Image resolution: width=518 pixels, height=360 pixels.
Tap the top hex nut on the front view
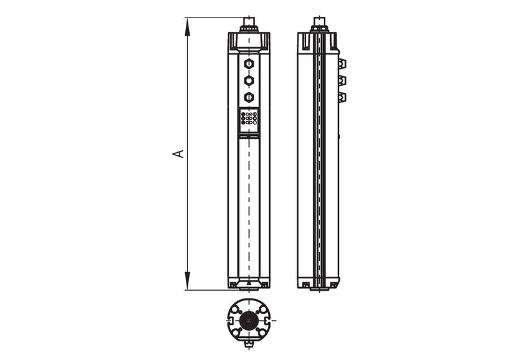pyautogui.click(x=248, y=64)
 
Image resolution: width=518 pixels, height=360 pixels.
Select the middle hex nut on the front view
pyautogui.click(x=248, y=80)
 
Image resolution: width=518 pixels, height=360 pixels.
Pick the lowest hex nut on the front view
pyautogui.click(x=248, y=97)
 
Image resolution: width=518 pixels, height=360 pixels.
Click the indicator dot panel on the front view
pyautogui.click(x=249, y=118)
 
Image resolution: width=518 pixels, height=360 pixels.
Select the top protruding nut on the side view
pyautogui.click(x=342, y=63)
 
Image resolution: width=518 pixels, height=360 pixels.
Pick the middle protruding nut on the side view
pyautogui.click(x=342, y=80)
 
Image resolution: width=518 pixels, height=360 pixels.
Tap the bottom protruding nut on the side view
pyautogui.click(x=342, y=97)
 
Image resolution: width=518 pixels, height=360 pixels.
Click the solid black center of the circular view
pyautogui.click(x=248, y=321)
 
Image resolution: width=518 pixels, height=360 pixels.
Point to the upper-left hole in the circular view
pyautogui.click(x=237, y=309)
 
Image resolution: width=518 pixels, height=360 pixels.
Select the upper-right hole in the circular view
pyautogui.click(x=260, y=309)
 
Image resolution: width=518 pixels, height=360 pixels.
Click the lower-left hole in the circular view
pyautogui.click(x=237, y=332)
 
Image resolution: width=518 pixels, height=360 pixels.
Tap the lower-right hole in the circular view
pyautogui.click(x=260, y=332)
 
